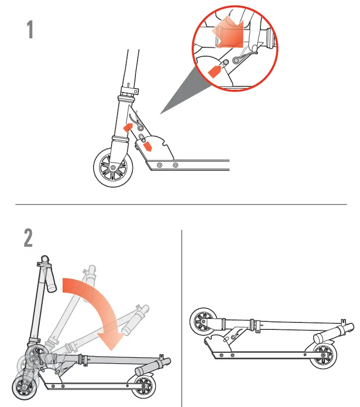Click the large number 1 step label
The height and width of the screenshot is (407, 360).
point(30,30)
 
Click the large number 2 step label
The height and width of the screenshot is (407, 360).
point(28,238)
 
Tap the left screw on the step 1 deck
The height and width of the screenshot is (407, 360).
point(159,165)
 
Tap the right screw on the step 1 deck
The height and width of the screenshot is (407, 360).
point(175,165)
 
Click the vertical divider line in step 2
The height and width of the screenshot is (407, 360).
point(182,318)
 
